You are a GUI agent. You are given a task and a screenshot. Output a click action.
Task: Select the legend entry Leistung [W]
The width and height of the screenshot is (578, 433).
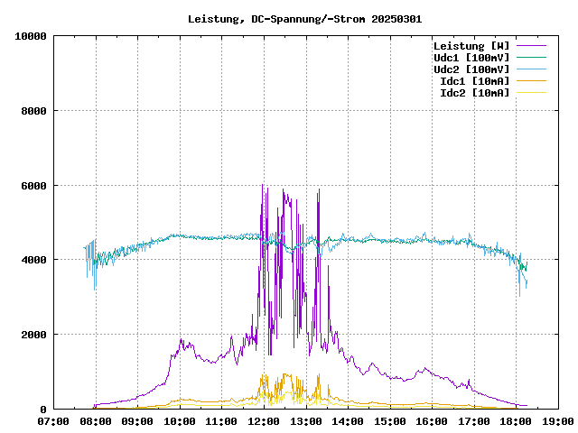tap(471, 46)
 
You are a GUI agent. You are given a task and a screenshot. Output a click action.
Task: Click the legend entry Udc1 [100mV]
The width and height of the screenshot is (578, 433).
tap(471, 58)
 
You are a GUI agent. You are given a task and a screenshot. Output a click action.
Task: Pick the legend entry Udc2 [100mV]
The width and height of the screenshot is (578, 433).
tap(471, 69)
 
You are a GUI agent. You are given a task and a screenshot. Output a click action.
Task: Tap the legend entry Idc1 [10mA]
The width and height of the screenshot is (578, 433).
tap(474, 81)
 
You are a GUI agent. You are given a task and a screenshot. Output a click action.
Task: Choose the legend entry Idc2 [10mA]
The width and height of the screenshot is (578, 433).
tap(474, 93)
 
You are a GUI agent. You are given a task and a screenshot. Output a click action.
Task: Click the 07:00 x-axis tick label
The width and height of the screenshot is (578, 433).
tap(53, 421)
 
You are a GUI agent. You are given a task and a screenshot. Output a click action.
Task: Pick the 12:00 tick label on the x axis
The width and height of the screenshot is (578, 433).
tap(264, 421)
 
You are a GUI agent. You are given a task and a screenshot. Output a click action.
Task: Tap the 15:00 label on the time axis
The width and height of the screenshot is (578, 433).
tap(389, 421)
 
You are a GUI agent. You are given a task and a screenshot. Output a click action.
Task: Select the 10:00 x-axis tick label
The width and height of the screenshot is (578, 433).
tap(180, 421)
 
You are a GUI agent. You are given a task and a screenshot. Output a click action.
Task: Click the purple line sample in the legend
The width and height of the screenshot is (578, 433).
tap(531, 46)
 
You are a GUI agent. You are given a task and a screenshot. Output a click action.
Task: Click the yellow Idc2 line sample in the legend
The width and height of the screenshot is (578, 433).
tap(531, 93)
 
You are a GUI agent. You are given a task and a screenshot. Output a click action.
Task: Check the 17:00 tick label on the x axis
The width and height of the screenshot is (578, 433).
tap(473, 421)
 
